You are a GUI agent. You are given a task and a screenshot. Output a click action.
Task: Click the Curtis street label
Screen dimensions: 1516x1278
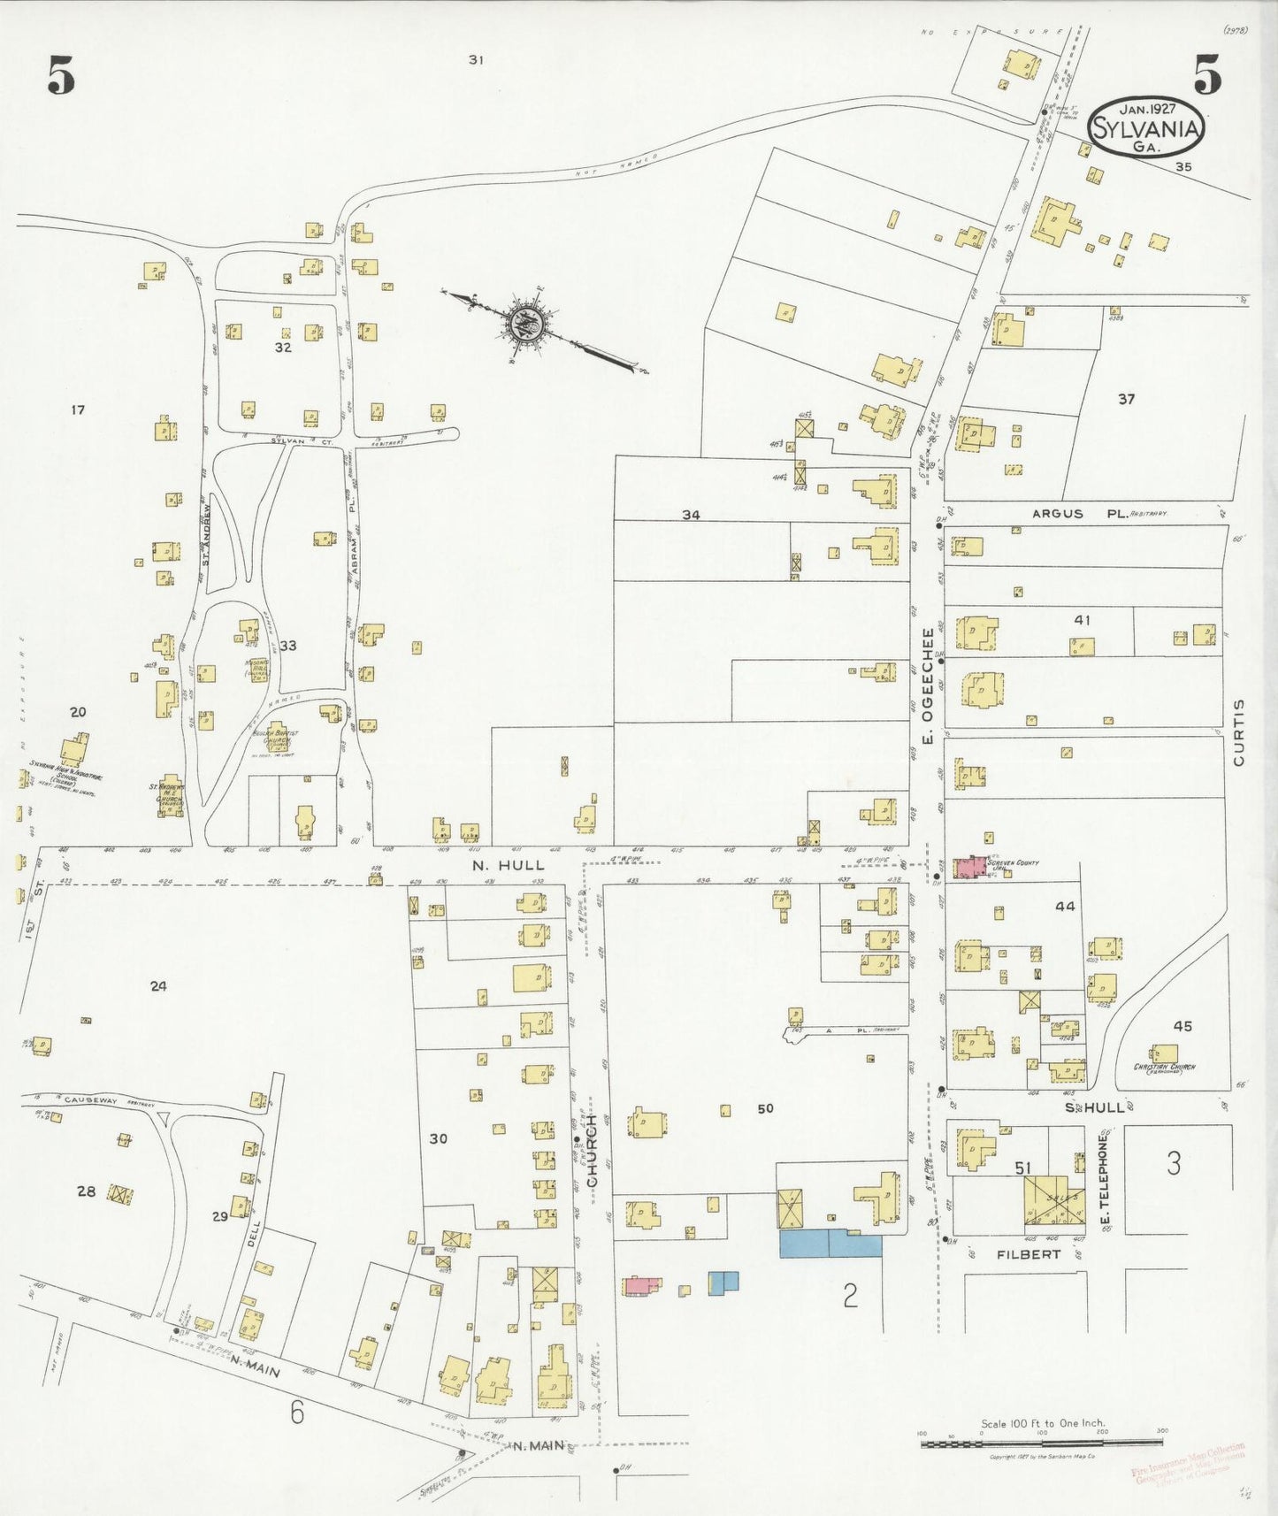tap(1238, 731)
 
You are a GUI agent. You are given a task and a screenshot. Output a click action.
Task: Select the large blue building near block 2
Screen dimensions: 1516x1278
tap(830, 1243)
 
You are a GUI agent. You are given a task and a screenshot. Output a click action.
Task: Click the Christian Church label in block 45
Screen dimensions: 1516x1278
tap(1165, 1068)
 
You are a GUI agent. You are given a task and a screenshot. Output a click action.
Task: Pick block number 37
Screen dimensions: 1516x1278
tap(1125, 399)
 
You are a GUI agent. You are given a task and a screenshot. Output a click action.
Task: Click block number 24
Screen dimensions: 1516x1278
tap(157, 985)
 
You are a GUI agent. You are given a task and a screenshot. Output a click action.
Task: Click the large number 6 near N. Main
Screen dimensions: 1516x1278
tap(296, 1413)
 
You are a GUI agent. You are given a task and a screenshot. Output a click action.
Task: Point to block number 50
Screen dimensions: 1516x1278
tap(765, 1107)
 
